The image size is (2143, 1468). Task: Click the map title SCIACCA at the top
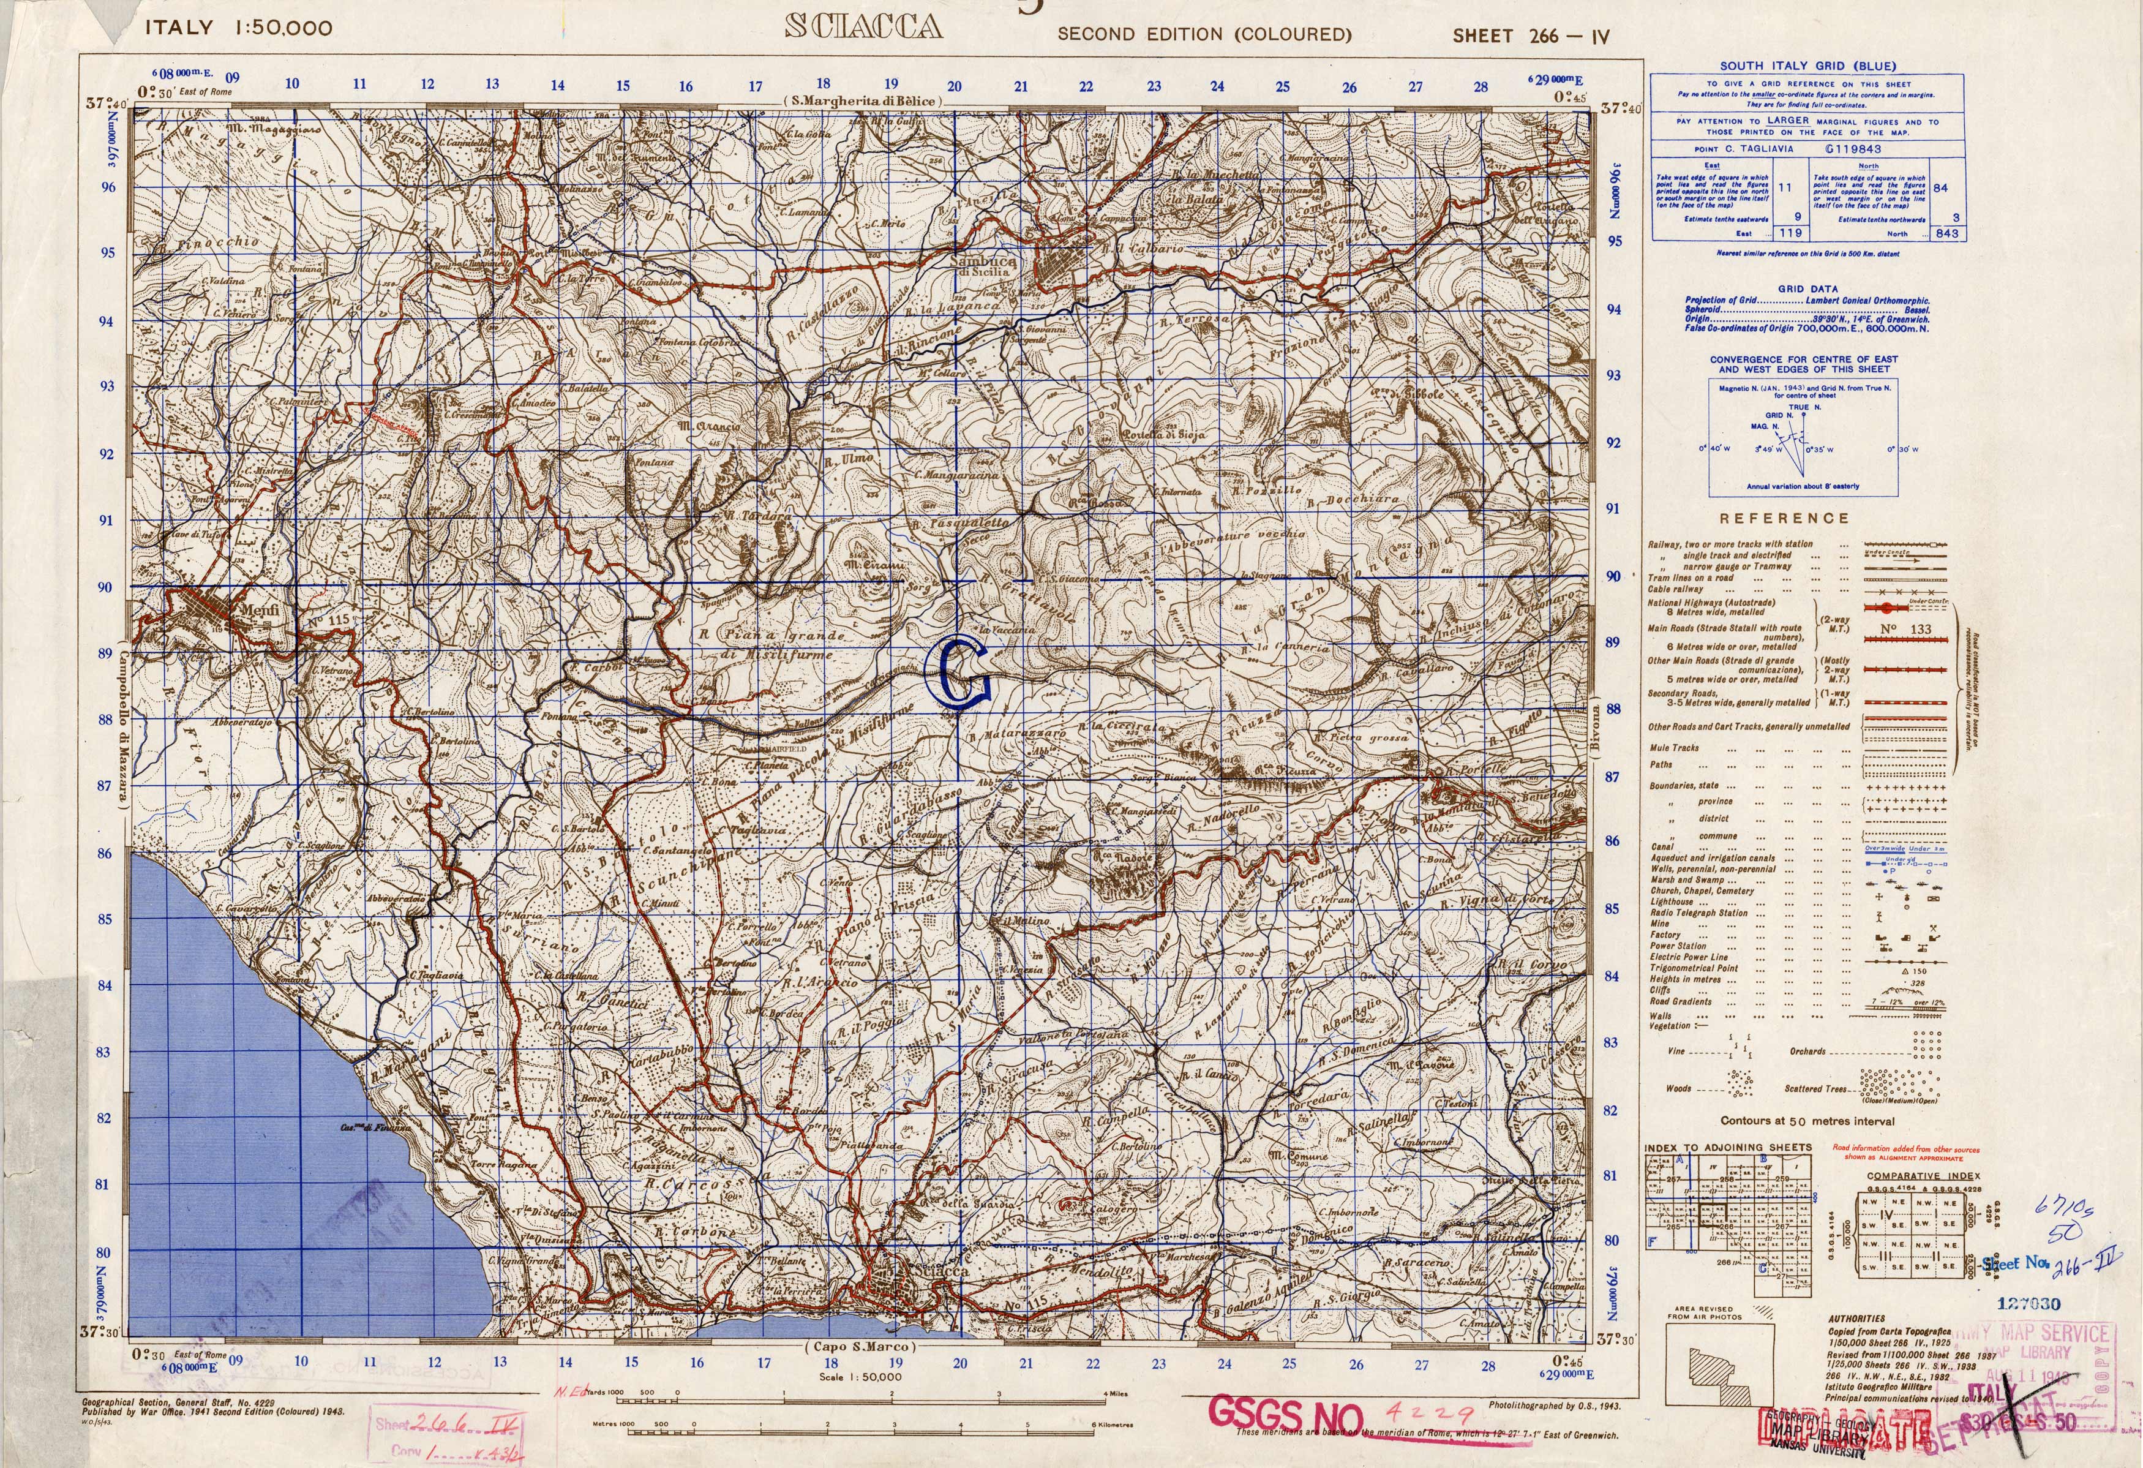tap(863, 27)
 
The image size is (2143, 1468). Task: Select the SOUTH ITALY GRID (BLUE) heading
tap(1807, 66)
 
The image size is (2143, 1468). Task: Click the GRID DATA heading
tap(1807, 288)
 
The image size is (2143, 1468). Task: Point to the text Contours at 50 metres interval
tap(1807, 1121)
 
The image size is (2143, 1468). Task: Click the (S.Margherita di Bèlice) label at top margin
tap(862, 100)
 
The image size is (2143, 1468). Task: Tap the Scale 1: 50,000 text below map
tap(860, 1377)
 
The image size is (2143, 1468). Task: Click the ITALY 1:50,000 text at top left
tap(239, 28)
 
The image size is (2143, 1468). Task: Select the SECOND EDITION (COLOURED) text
tap(1204, 35)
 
